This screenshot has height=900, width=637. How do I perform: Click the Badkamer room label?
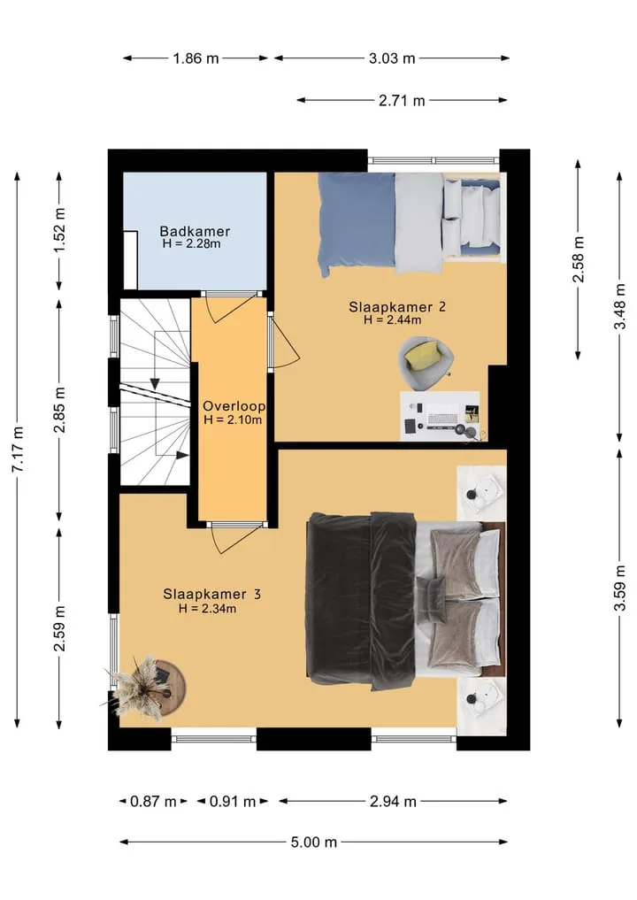(x=195, y=231)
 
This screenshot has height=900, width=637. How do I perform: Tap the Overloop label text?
(x=234, y=406)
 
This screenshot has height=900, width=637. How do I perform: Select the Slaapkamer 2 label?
(x=397, y=306)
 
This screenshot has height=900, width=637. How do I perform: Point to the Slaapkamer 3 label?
(x=211, y=594)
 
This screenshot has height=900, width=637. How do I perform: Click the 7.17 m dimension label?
(x=18, y=450)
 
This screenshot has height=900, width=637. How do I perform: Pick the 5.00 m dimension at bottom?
(x=314, y=842)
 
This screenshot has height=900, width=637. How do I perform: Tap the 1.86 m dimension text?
(x=196, y=58)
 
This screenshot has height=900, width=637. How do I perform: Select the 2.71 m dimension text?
(x=402, y=101)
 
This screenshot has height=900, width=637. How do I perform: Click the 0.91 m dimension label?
(x=233, y=801)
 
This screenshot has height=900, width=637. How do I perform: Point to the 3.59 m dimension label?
(x=620, y=588)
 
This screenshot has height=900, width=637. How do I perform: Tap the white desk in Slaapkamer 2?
(x=441, y=416)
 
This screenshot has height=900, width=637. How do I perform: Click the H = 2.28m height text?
(x=192, y=244)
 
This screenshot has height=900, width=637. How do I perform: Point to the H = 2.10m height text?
(x=233, y=419)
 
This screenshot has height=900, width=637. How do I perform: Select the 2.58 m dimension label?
(x=578, y=259)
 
